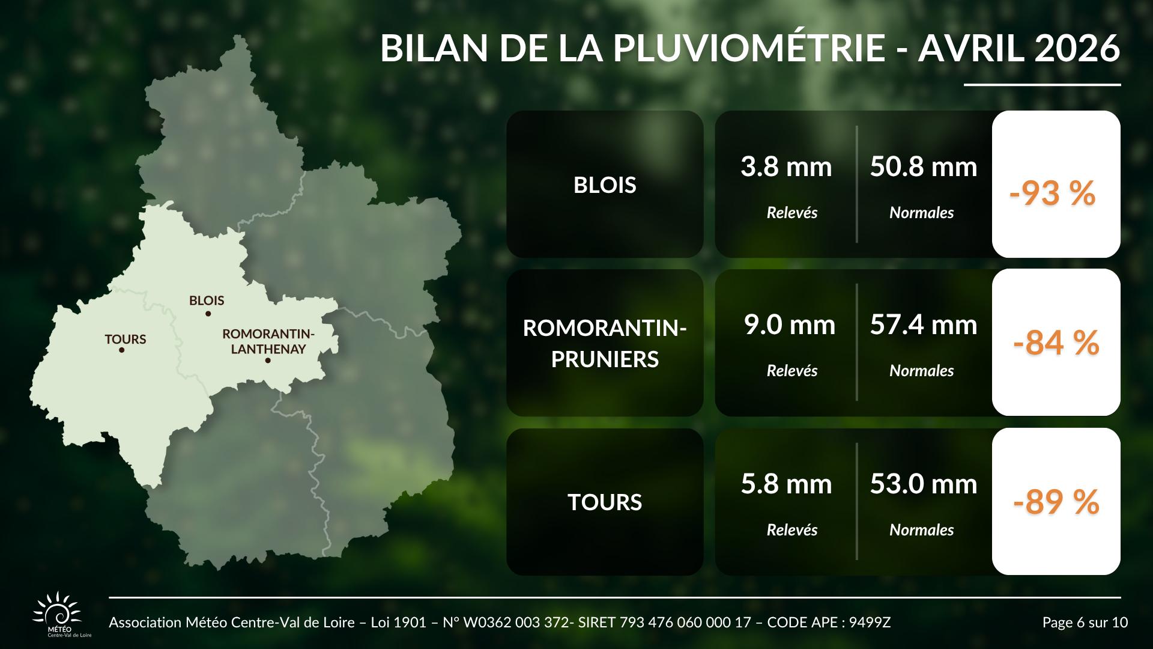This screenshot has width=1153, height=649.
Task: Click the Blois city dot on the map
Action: [208, 314]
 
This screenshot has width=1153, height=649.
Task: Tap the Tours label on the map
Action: [126, 340]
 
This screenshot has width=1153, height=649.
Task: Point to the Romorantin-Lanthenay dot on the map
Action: [268, 361]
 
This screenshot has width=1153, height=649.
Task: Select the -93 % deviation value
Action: [1053, 193]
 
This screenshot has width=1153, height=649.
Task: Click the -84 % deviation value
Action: [1056, 343]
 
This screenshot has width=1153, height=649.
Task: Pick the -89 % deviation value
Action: [1056, 502]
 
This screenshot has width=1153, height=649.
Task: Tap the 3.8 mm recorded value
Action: [786, 166]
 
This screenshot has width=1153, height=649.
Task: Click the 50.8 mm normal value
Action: [924, 166]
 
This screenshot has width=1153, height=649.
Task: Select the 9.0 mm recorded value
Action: [790, 324]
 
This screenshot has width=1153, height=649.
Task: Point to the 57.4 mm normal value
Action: [924, 324]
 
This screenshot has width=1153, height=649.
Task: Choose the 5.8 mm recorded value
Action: [786, 484]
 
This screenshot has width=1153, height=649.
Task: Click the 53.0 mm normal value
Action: [924, 484]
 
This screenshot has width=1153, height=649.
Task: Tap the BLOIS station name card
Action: [605, 184]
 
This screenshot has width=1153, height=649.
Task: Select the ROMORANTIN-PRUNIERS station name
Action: [605, 344]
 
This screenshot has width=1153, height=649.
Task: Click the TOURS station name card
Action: [605, 502]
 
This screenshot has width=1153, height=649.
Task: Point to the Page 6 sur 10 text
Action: [1085, 623]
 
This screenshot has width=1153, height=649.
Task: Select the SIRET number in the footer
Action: [664, 623]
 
